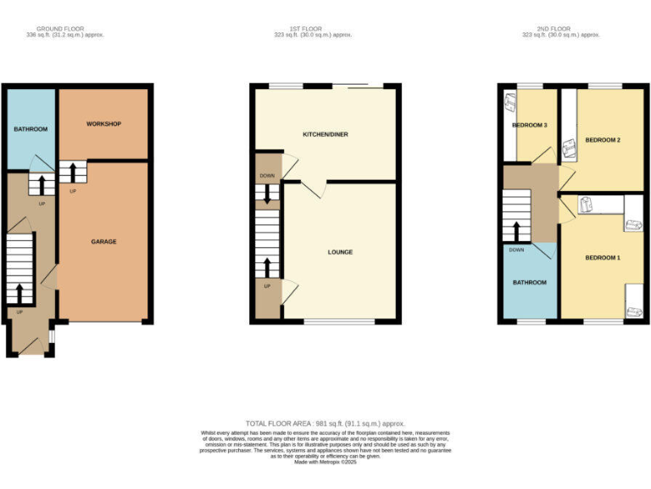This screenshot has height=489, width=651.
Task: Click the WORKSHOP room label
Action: (x=103, y=124)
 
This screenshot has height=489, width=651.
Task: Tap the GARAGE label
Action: (x=103, y=242)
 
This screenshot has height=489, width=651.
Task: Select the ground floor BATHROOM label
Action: (x=30, y=129)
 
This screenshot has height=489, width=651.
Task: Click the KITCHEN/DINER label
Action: (x=325, y=134)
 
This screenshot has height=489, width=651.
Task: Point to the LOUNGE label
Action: (x=340, y=252)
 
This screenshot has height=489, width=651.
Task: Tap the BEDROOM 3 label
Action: (x=529, y=126)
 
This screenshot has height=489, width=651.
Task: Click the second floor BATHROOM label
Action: (x=529, y=282)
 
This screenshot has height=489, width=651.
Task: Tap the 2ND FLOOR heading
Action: (x=554, y=28)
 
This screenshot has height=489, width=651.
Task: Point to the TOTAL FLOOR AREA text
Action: (x=325, y=423)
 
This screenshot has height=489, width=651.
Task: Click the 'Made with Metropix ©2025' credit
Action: (x=325, y=462)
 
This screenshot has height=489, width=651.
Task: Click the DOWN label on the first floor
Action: (x=266, y=177)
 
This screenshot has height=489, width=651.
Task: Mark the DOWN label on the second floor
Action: (x=516, y=250)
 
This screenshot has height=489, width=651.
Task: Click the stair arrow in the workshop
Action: (x=72, y=172)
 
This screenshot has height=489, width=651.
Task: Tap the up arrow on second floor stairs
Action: (x=515, y=229)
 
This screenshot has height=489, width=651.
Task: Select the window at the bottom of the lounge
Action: (x=339, y=322)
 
